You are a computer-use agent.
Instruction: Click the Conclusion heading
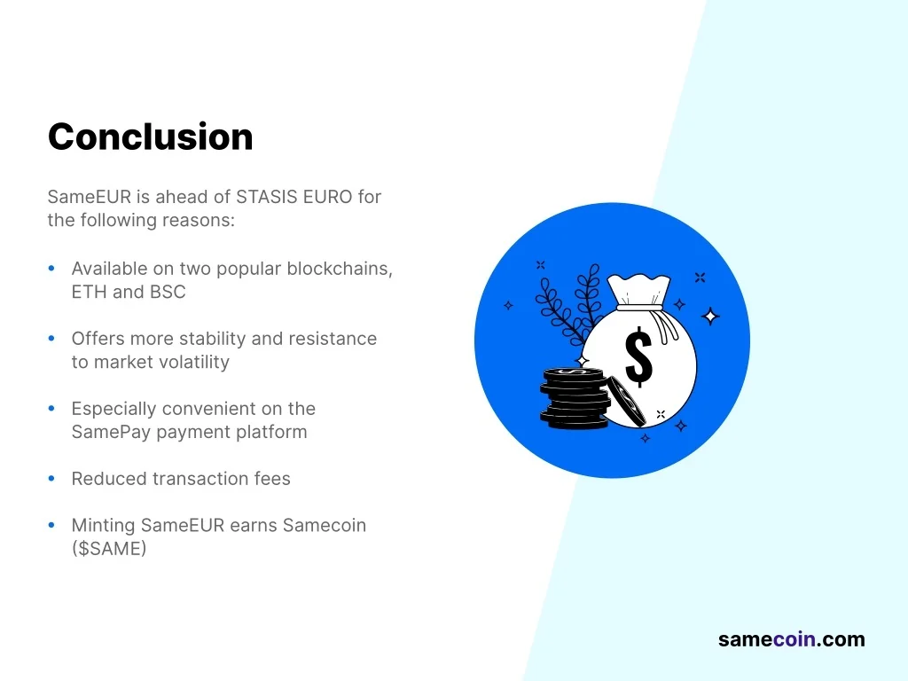click(x=151, y=137)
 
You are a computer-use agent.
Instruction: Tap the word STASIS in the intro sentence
click(x=267, y=197)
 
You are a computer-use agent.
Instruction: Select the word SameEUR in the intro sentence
click(x=90, y=197)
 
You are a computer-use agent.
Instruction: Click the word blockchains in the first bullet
click(x=340, y=269)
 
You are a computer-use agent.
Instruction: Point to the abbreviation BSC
click(x=168, y=292)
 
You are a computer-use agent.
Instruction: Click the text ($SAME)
click(x=109, y=548)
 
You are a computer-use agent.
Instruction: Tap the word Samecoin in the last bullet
click(x=325, y=525)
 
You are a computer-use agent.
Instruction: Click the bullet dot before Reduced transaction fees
click(x=51, y=478)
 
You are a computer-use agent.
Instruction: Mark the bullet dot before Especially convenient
click(x=51, y=408)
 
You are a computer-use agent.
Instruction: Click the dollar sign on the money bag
click(x=638, y=356)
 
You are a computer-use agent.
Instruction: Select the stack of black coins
click(x=575, y=399)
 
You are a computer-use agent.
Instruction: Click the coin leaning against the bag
click(x=627, y=402)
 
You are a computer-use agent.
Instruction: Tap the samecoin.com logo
click(x=792, y=639)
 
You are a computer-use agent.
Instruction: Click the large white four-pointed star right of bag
click(x=710, y=317)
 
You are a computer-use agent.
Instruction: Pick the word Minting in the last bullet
click(x=103, y=525)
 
